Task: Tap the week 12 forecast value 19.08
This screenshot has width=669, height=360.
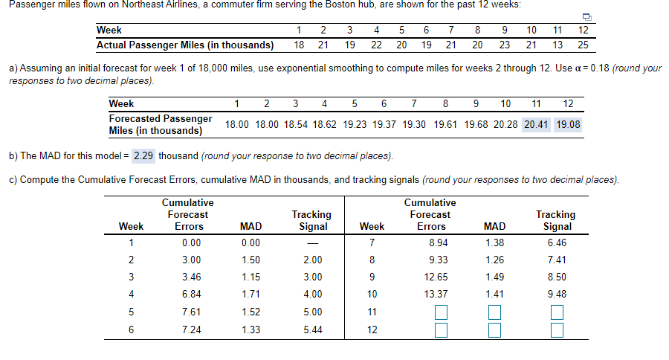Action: pos(569,124)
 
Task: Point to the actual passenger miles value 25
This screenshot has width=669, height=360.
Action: pos(583,45)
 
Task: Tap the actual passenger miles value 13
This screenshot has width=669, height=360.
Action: pos(557,45)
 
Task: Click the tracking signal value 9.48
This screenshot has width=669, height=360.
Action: pos(556,294)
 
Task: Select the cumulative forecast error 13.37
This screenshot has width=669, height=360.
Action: pos(432,294)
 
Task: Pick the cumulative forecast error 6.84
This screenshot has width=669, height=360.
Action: pos(190,294)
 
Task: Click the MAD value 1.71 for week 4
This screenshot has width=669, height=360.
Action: pos(251,294)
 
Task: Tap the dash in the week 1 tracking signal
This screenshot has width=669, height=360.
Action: pos(312,242)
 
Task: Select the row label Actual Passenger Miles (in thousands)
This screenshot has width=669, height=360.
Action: pos(184,45)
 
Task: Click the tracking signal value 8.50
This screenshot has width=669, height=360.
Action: pos(556,277)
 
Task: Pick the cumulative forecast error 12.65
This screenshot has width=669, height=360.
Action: pos(432,277)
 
